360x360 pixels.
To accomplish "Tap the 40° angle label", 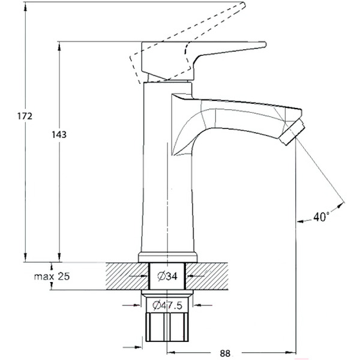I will [x=321, y=218].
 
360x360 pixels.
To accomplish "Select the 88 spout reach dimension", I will [x=226, y=353].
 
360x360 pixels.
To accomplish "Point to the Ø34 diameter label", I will [x=167, y=277].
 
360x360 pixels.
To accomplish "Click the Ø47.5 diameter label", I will [x=167, y=305].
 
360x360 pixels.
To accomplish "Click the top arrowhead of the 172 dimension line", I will [x=25, y=5].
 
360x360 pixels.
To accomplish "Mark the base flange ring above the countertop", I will [x=167, y=257].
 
